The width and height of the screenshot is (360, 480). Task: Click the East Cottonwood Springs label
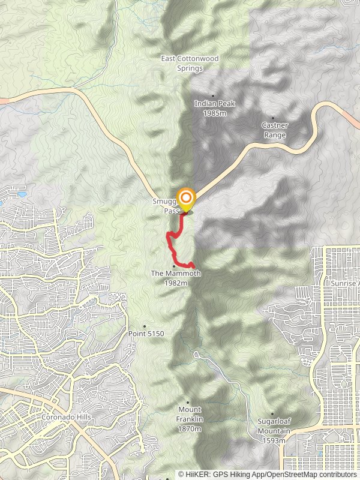(190, 63)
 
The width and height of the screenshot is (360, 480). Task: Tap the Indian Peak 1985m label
(214, 108)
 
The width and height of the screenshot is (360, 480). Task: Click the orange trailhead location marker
(187, 199)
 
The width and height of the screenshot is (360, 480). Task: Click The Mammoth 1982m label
(175, 278)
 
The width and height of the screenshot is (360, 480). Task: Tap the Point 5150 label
(146, 334)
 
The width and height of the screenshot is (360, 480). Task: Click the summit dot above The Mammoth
(174, 266)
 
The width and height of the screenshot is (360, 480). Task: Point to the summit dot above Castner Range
(274, 118)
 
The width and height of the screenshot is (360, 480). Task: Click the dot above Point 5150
(144, 326)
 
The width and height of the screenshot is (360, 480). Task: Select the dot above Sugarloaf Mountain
(272, 414)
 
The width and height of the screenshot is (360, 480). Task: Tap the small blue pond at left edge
(22, 194)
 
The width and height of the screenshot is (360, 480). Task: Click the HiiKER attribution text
(268, 474)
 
